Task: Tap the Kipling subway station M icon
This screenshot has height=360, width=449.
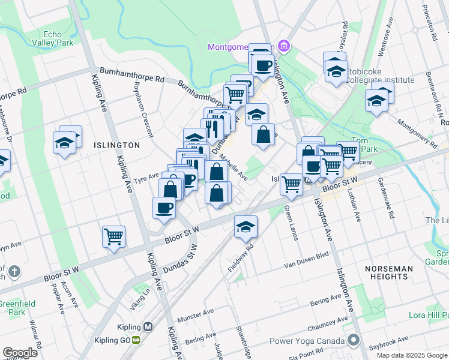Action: [148, 327]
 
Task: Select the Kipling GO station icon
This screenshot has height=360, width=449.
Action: [136, 340]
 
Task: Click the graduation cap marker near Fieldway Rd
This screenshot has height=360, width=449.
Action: [246, 226]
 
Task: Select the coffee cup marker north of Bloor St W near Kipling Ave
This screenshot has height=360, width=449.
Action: [164, 208]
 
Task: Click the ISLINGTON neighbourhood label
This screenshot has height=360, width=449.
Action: [116, 145]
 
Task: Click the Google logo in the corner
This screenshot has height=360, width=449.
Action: [20, 353]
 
